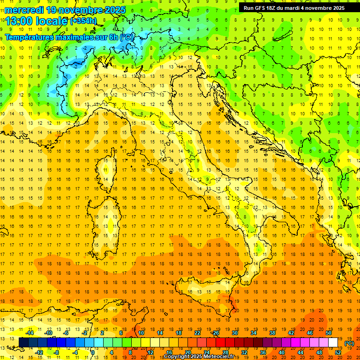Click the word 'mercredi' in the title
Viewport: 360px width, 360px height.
22,9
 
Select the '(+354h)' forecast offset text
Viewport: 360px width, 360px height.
83,21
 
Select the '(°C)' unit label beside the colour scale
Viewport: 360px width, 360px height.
349,343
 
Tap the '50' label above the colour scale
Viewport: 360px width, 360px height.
328,333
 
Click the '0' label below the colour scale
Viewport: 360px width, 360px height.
93,352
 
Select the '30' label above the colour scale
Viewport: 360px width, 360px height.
234,333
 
